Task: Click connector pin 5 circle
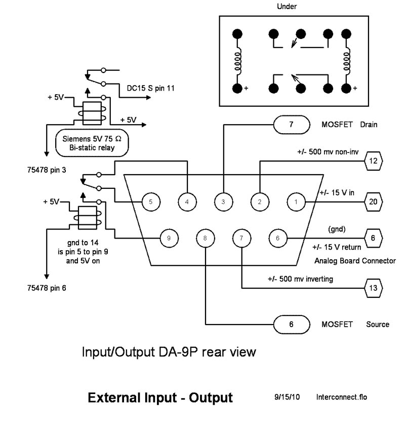[150, 201]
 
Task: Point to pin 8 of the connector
[205, 237]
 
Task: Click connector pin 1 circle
[296, 201]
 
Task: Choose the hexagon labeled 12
[374, 162]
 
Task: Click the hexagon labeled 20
[374, 201]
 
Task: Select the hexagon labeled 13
[374, 289]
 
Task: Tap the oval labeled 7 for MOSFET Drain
[291, 124]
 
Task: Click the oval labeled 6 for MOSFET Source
[291, 324]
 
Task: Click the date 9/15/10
[287, 397]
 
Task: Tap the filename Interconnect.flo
[341, 397]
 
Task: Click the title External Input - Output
[160, 398]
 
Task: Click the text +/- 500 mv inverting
[300, 279]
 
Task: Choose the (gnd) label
[337, 229]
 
